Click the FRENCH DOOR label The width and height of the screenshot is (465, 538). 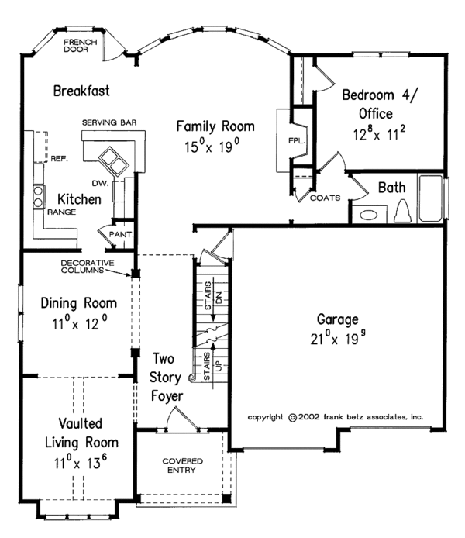click(81, 46)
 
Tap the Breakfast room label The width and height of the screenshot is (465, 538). click(81, 91)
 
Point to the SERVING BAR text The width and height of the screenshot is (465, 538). click(109, 122)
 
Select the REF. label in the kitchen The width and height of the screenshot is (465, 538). click(60, 159)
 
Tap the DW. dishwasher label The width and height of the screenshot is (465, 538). click(100, 183)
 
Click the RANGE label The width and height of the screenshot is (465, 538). click(62, 212)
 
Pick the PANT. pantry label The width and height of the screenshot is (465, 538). click(121, 235)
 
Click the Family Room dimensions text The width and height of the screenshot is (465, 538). click(212, 147)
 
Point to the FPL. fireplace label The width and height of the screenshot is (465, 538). click(297, 140)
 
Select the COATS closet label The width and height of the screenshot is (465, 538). click(325, 198)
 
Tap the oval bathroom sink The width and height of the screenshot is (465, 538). click(368, 216)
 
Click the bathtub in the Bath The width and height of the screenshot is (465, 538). click(431, 198)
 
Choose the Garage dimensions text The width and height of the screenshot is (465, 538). click(338, 338)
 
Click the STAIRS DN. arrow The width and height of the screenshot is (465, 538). click(213, 299)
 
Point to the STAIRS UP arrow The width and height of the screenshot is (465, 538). click(213, 364)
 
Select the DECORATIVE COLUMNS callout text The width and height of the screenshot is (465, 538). click(88, 267)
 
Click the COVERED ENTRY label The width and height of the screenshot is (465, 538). click(182, 465)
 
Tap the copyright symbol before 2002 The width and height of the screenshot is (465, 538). click(292, 418)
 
